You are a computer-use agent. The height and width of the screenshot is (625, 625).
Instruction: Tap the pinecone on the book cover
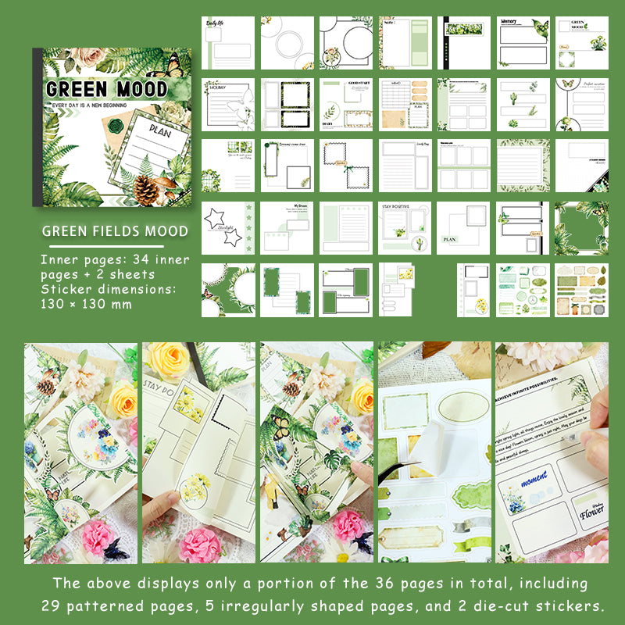pyautogui.click(x=146, y=188)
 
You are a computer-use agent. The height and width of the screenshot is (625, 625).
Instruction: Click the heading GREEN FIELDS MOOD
pyautogui.click(x=115, y=230)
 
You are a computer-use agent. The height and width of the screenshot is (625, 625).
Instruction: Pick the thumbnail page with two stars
pyautogui.click(x=228, y=228)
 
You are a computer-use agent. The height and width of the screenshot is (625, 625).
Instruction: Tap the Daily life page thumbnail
pyautogui.click(x=228, y=43)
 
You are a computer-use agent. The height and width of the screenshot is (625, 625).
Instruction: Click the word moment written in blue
pyautogui.click(x=534, y=476)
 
